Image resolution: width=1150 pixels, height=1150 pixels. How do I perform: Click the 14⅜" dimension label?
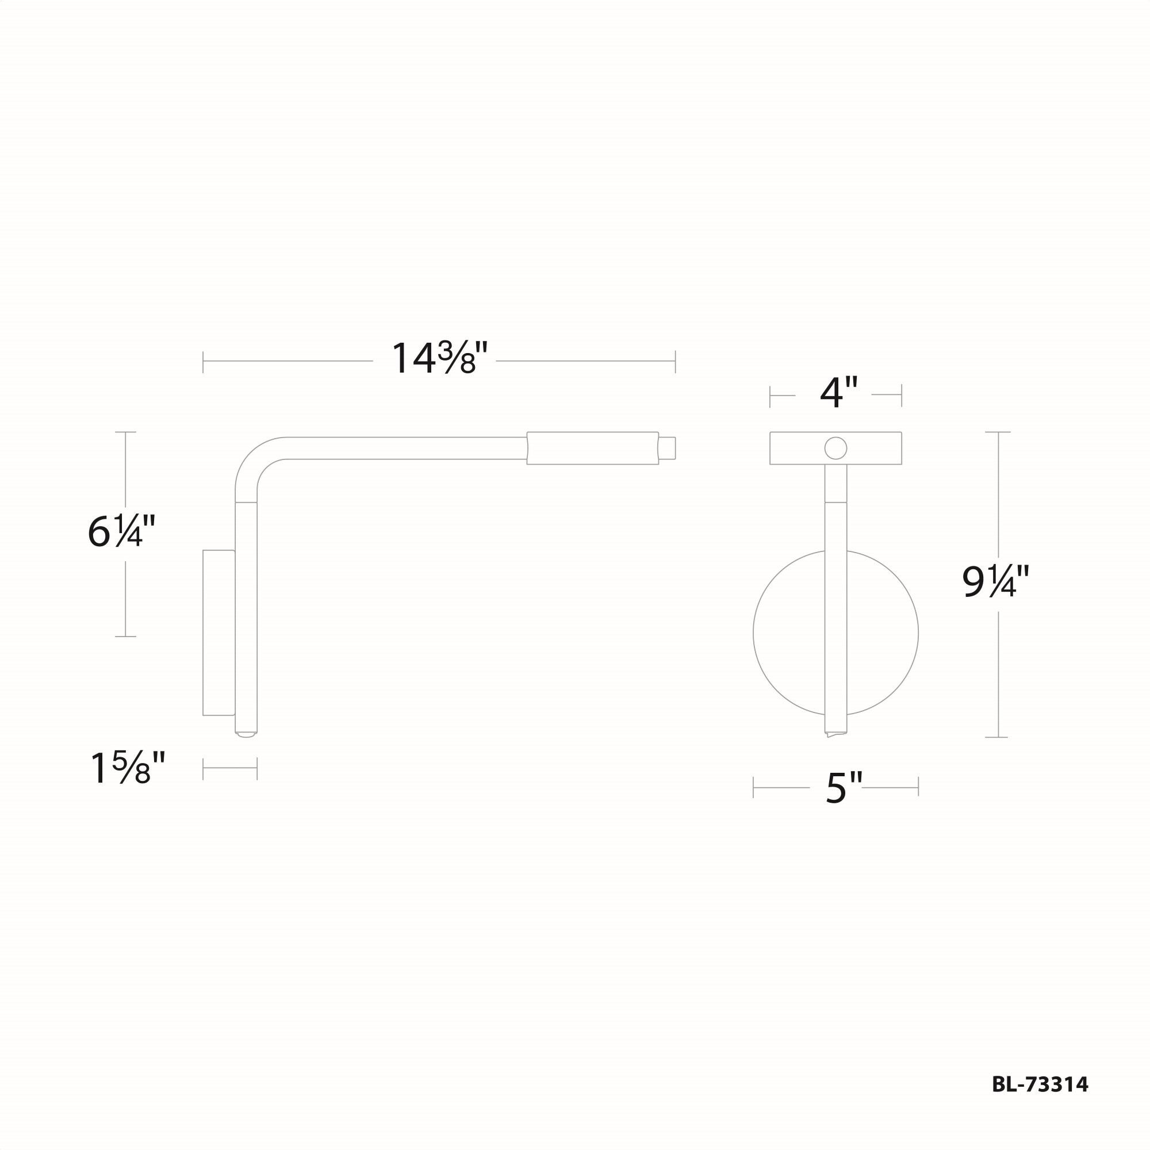coord(439,359)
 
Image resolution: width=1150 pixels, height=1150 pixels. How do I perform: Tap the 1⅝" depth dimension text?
coord(128,768)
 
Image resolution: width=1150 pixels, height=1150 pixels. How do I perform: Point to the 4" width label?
coord(839,393)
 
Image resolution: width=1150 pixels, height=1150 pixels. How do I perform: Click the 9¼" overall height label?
coord(996,582)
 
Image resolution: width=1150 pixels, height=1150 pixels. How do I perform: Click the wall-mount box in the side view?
coord(218,632)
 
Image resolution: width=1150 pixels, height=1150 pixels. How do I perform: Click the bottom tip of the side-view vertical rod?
coord(246,734)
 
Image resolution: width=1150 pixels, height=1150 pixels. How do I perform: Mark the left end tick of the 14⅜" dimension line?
coord(203,361)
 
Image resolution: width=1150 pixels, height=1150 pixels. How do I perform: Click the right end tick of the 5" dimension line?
coord(918,787)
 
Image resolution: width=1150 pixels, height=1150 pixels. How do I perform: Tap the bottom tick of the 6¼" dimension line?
coord(125,637)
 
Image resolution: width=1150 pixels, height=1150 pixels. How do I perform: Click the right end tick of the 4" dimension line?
coord(901,395)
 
